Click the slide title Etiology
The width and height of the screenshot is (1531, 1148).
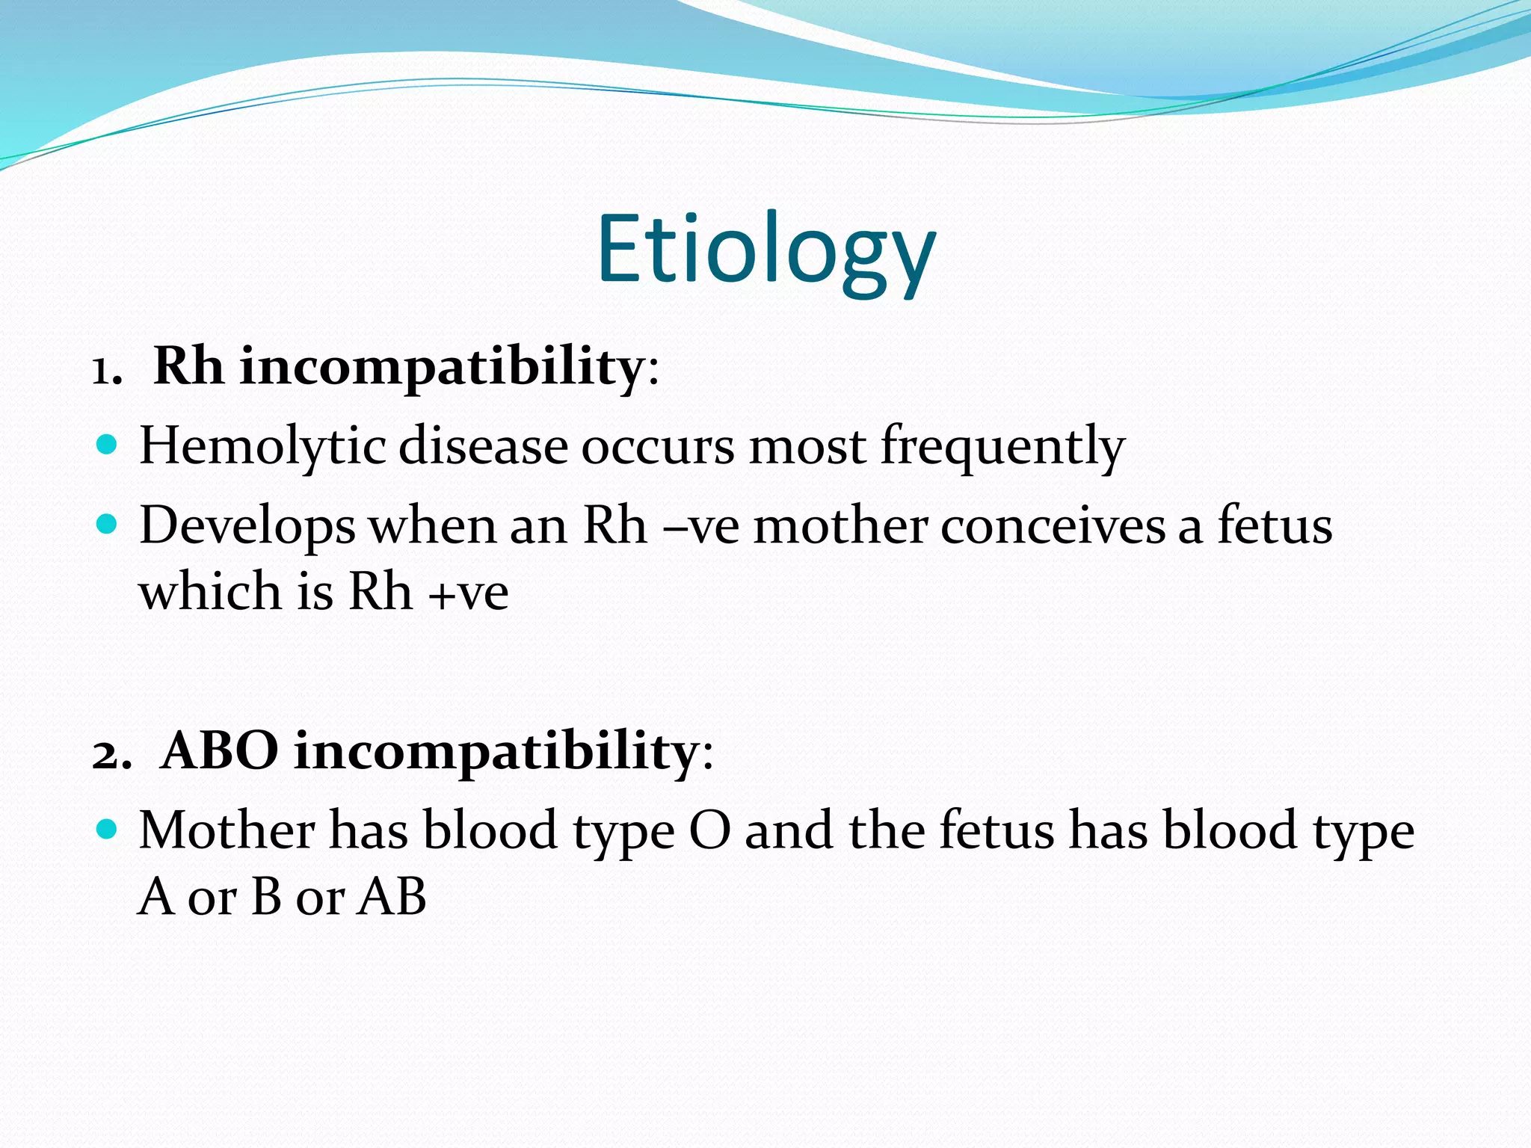click(x=765, y=250)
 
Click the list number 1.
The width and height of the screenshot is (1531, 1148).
click(x=105, y=369)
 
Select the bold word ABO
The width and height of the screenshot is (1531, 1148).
click(x=220, y=750)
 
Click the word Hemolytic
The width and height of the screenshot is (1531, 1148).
click(x=262, y=446)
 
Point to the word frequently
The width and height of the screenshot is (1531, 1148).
click(x=1002, y=446)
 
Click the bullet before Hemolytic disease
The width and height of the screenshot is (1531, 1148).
click(x=108, y=445)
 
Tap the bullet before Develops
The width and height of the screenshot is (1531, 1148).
click(x=108, y=525)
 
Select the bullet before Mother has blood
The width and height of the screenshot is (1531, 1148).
click(x=108, y=830)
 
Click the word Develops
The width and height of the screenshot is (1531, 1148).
click(x=247, y=526)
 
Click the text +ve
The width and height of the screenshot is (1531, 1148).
click(x=469, y=592)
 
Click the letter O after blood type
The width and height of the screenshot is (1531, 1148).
click(x=709, y=830)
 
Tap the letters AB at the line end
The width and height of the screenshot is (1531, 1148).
click(x=391, y=896)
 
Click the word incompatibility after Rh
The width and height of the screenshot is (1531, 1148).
click(x=442, y=368)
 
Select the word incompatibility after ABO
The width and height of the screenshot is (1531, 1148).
click(x=496, y=750)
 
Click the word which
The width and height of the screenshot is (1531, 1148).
click(x=209, y=591)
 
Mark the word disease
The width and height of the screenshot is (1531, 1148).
click(x=483, y=446)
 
